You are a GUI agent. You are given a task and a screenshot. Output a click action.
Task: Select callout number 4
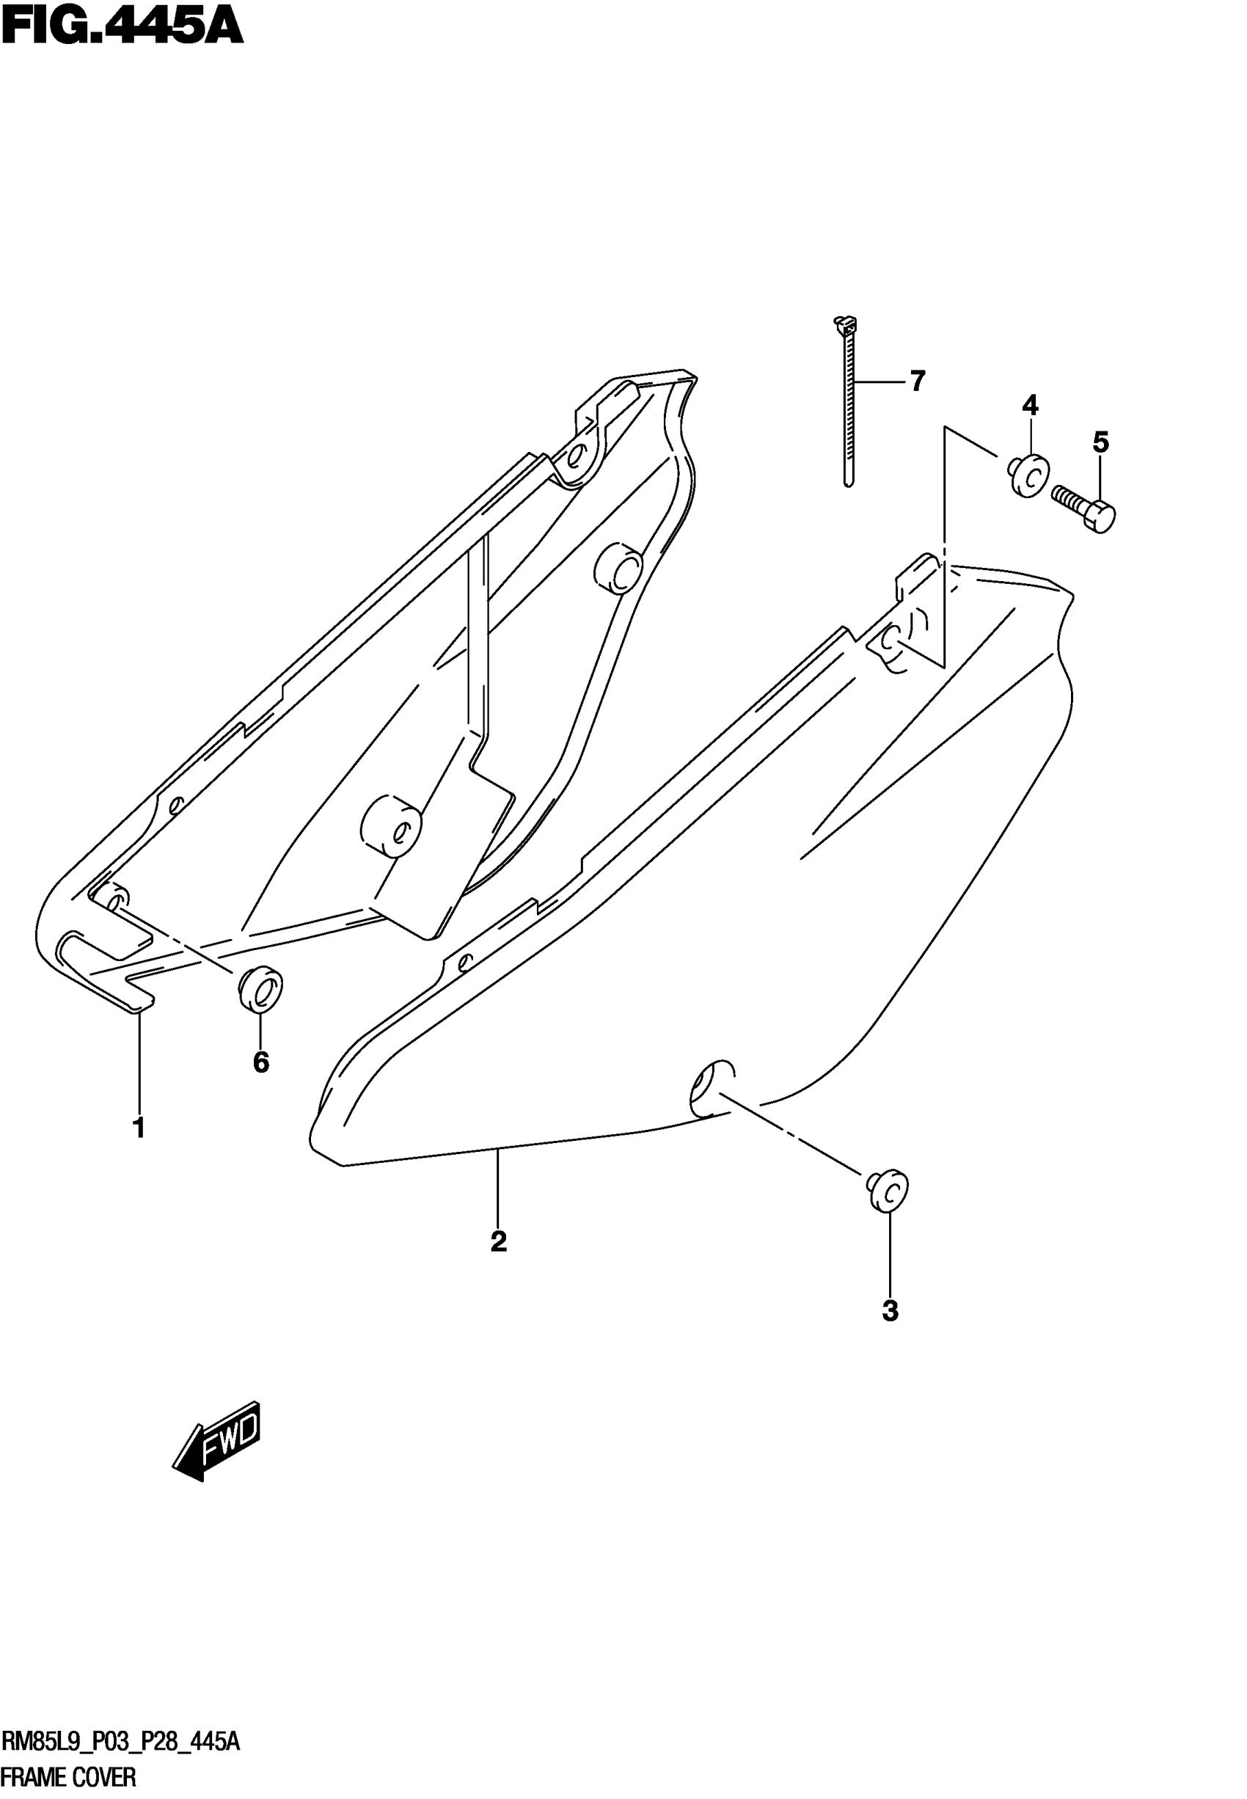pyautogui.click(x=1030, y=405)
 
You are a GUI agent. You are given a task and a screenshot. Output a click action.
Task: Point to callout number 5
pyautogui.click(x=1100, y=442)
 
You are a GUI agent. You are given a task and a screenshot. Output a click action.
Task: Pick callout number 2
pyautogui.click(x=499, y=1241)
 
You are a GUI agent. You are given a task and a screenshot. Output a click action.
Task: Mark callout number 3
pyautogui.click(x=890, y=1310)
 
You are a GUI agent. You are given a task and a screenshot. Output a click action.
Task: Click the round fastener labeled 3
pyautogui.click(x=888, y=1192)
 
